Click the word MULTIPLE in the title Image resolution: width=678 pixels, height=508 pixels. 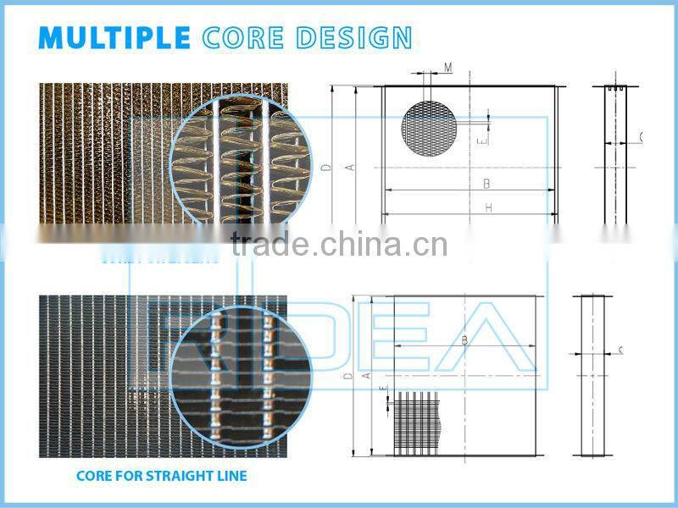click(x=114, y=38)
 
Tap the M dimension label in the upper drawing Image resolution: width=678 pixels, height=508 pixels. click(x=447, y=67)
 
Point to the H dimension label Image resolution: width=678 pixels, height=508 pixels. click(x=488, y=208)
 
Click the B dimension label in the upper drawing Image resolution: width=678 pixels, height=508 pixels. click(x=486, y=183)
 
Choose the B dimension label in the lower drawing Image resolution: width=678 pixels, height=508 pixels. click(x=464, y=340)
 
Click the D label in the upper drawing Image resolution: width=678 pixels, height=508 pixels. click(x=326, y=167)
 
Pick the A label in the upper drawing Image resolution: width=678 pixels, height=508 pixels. click(x=348, y=167)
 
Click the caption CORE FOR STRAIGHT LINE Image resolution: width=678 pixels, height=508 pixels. click(x=162, y=476)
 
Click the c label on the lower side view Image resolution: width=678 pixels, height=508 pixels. click(x=621, y=350)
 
